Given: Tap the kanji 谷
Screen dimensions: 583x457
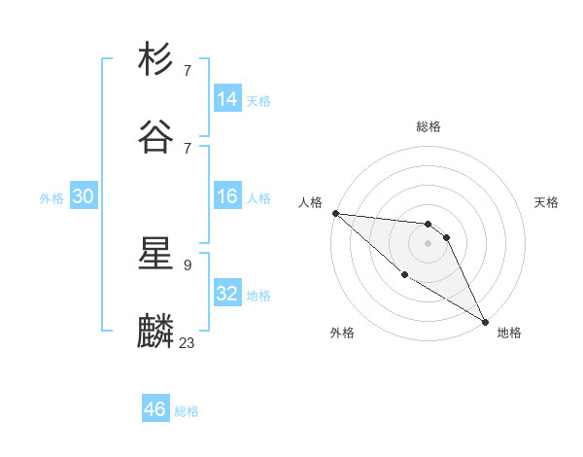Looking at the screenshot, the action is tap(156, 137).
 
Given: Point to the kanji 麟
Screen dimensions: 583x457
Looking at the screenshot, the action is tap(156, 332).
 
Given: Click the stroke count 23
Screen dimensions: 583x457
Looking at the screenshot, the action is tap(187, 342).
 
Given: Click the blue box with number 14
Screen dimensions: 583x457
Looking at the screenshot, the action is tap(227, 99).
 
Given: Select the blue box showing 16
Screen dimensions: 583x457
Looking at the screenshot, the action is tap(227, 196).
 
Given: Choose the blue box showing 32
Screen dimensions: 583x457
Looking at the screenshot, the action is tap(227, 294).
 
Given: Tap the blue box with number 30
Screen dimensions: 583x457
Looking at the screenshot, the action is tap(84, 196).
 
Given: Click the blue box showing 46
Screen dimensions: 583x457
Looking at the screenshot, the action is tap(155, 409).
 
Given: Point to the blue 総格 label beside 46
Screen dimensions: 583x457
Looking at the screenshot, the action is tap(187, 411).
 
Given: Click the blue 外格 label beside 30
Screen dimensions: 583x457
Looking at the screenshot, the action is tap(51, 198).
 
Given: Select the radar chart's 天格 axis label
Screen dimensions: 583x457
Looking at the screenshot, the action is tap(547, 202).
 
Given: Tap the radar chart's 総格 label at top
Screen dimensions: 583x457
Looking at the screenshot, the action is tap(429, 126).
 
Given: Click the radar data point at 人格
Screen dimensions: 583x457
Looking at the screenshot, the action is tap(335, 213).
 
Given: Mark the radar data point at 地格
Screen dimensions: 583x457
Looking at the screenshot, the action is tap(485, 321).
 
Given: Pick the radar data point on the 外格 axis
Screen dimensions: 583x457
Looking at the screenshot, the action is tap(404, 274).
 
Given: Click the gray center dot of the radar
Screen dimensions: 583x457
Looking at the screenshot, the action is tap(429, 243).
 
